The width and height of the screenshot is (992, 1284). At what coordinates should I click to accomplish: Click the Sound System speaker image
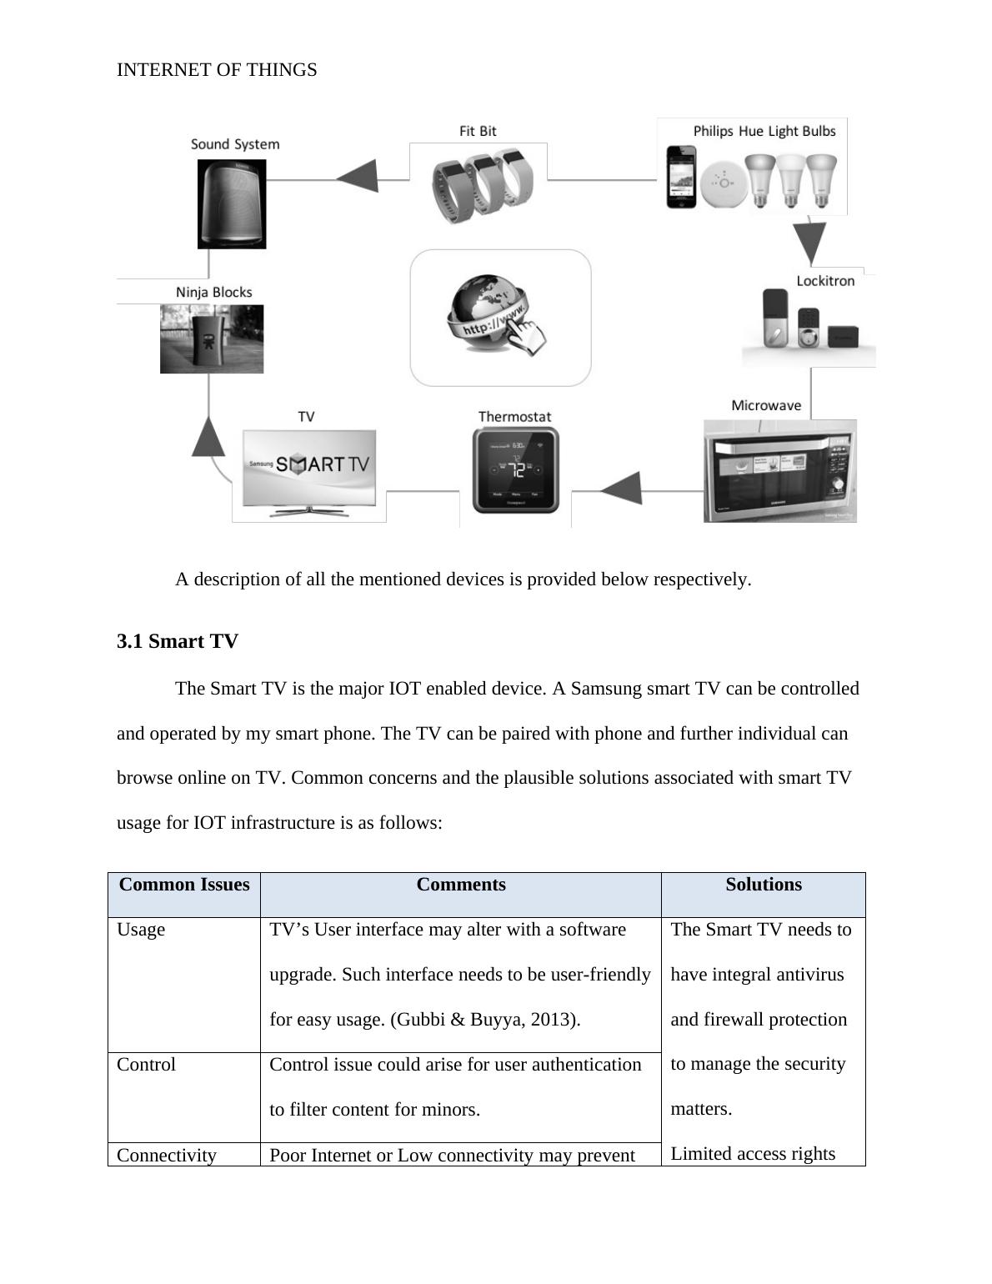coord(232,204)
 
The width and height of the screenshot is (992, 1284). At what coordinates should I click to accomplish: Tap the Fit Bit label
coord(478,131)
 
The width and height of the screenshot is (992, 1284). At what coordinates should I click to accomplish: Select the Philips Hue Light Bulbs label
coord(764,131)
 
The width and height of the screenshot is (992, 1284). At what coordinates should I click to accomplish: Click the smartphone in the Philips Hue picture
coord(680,177)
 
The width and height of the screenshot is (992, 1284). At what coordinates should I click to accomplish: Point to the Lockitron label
coord(825,281)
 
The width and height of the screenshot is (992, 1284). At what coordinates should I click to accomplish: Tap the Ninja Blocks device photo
coord(212,339)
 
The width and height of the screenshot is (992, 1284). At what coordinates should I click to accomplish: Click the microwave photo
coord(780,471)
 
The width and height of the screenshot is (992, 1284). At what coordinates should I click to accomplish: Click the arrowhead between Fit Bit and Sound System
coord(358,176)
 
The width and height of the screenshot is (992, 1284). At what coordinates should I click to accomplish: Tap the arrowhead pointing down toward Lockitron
coord(809,243)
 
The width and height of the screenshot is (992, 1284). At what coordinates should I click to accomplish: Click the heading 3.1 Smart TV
coord(178,641)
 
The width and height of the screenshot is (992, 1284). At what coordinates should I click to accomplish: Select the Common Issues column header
coord(184,885)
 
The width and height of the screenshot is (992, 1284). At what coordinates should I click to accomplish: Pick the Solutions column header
coord(764,885)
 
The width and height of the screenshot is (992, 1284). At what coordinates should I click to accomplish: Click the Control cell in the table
coord(147,1065)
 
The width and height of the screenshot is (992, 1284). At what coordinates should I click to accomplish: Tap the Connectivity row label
coord(167,1155)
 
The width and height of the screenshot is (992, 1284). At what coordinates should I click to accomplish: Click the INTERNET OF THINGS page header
coord(217,70)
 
